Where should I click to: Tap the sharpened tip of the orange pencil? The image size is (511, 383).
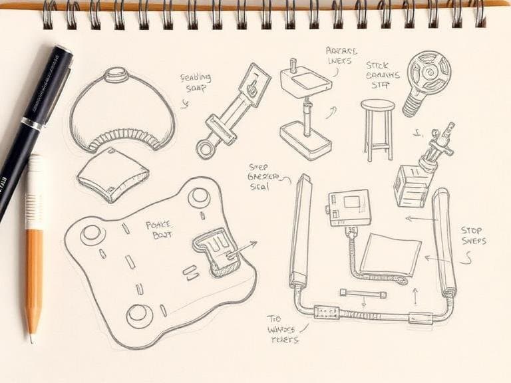30,336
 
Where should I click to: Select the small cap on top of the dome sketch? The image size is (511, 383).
116,72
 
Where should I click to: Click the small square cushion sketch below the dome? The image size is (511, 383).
111,175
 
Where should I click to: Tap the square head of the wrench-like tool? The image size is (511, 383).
255,85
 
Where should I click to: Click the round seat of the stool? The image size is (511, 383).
377,105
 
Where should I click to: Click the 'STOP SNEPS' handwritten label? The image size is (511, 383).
472,235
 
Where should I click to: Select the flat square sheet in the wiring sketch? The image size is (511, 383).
391,254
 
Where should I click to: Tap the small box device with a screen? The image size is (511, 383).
347,207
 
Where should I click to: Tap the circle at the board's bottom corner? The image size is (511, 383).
138,314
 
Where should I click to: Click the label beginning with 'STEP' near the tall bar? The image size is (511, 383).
266,177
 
